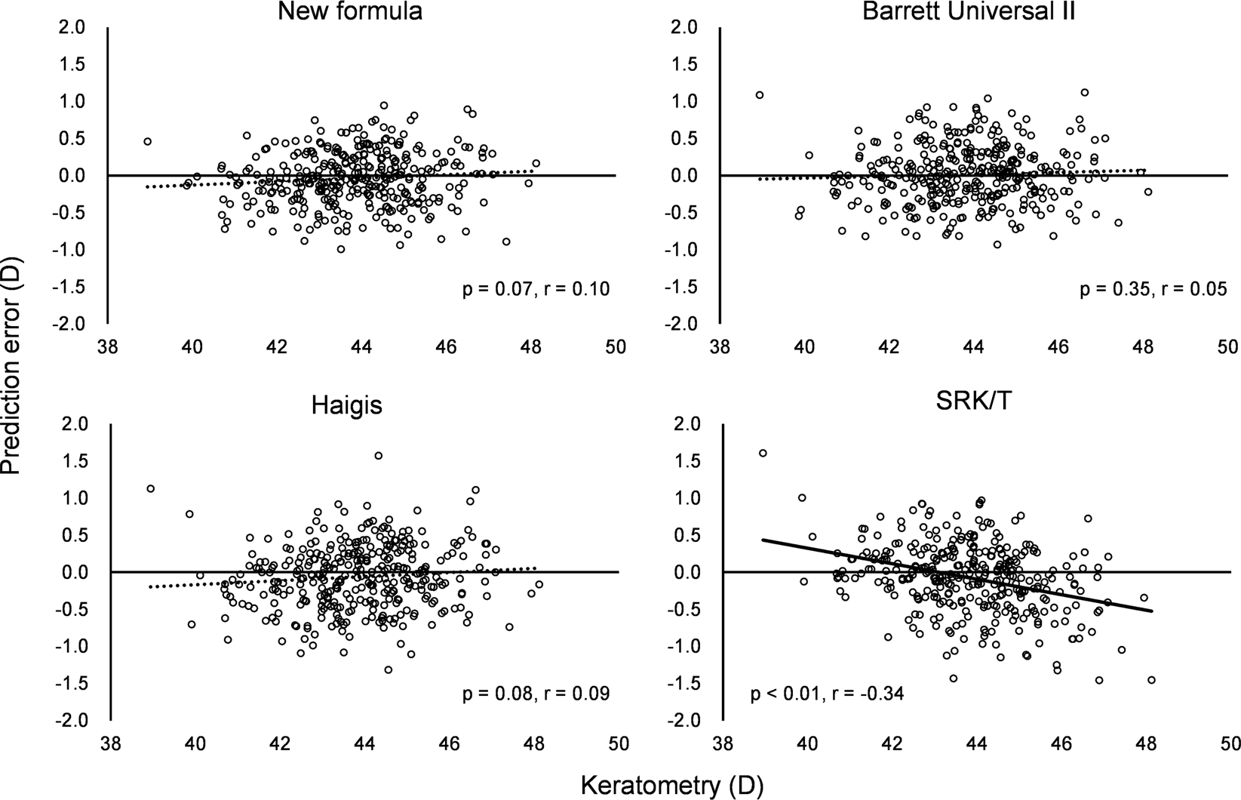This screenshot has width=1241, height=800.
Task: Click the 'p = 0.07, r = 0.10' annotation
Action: tap(536, 290)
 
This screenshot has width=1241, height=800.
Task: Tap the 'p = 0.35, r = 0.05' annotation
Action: tap(1153, 290)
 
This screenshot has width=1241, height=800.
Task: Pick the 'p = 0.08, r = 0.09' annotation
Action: tap(536, 694)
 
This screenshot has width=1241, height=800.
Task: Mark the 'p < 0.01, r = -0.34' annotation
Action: tap(828, 694)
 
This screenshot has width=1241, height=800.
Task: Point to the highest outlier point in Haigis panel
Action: tap(378, 455)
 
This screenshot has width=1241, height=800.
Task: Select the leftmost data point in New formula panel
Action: tap(148, 141)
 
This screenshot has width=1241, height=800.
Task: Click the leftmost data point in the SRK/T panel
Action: tap(762, 453)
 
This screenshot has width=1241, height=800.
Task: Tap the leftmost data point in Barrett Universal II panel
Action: tap(760, 95)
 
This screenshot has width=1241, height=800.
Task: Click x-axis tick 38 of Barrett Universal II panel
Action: tap(721, 347)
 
